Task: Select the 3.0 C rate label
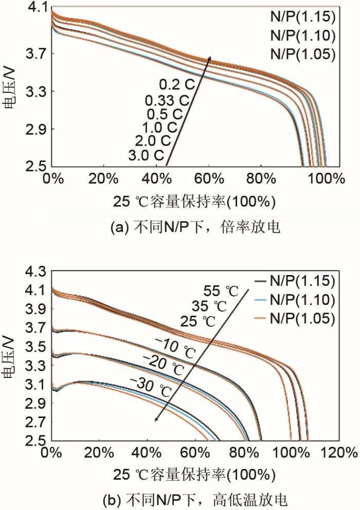[x=148, y=154]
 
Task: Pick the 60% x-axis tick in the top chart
[x=209, y=179]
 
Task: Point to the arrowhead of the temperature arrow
[x=155, y=420]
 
